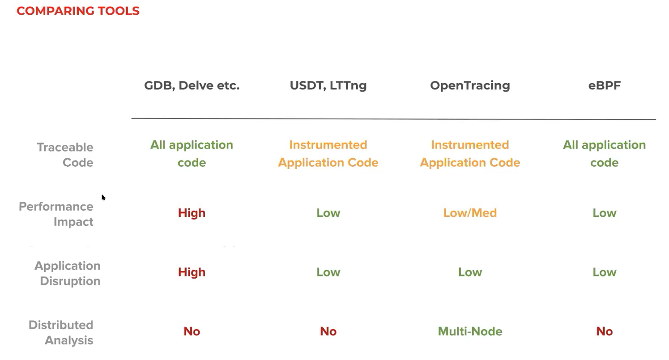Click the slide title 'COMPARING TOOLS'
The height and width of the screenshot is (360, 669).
[x=78, y=11]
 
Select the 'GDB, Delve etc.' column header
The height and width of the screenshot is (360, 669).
[x=192, y=86]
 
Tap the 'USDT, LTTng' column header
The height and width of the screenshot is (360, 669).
[x=328, y=86]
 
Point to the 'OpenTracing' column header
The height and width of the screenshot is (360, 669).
[x=470, y=86]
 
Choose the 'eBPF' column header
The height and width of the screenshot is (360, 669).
[x=605, y=86]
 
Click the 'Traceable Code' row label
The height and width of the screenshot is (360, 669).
[x=65, y=155]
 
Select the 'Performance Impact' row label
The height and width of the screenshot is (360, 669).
[x=56, y=214]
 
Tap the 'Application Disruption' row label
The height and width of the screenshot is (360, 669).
[x=67, y=273]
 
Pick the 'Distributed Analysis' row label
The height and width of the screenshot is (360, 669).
[x=61, y=333]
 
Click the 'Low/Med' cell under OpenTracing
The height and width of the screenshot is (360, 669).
[x=470, y=213]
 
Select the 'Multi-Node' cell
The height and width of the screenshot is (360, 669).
[x=470, y=331]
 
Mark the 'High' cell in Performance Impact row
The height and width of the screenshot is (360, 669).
[x=192, y=213]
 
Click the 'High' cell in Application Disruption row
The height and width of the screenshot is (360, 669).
[x=192, y=272]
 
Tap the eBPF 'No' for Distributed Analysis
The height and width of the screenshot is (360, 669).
[x=605, y=331]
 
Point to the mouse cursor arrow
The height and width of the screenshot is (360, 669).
[x=103, y=198]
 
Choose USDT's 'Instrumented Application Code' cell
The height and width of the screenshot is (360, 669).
[x=328, y=154]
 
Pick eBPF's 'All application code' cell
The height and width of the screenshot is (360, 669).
[x=605, y=154]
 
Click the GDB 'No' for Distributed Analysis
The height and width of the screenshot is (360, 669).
[x=192, y=331]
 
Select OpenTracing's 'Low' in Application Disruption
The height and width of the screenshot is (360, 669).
[x=470, y=272]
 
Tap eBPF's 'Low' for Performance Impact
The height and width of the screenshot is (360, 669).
[x=605, y=213]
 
